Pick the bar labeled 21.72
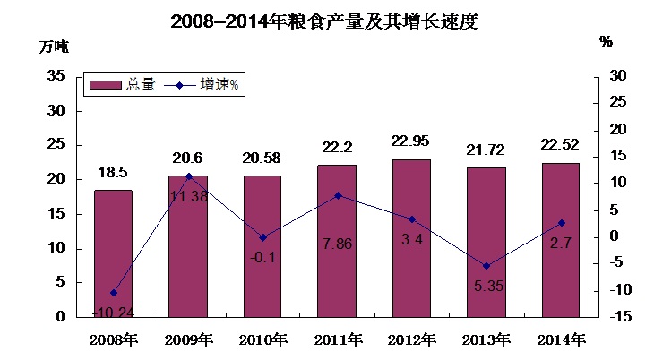(x=486, y=242)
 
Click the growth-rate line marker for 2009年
(x=188, y=176)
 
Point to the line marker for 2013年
(x=486, y=266)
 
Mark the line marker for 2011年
(x=337, y=195)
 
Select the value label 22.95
(x=411, y=141)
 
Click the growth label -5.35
(x=486, y=286)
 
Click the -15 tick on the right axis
(x=621, y=317)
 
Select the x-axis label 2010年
(x=262, y=340)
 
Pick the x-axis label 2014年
(x=561, y=340)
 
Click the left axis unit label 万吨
(x=53, y=47)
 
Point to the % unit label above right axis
(x=606, y=41)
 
